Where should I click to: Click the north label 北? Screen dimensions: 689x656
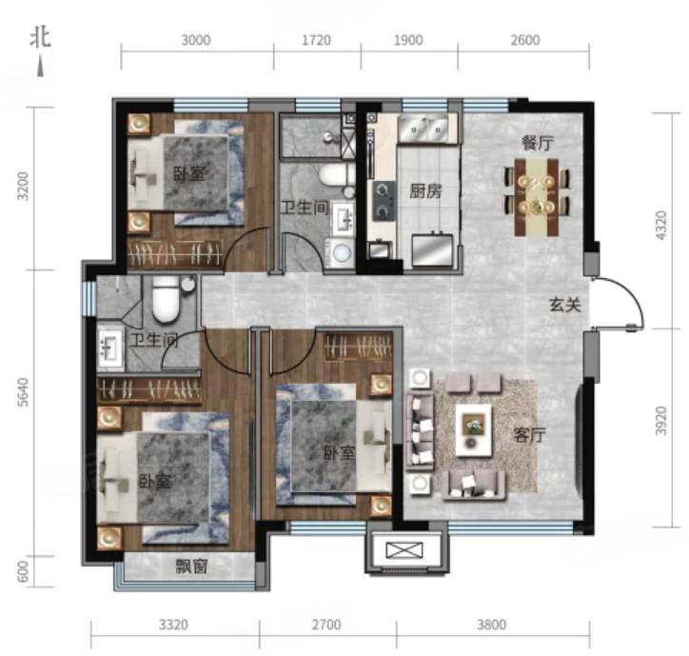40,38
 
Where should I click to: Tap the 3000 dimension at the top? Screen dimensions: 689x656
196,40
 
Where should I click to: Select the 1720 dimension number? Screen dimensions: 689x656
316,40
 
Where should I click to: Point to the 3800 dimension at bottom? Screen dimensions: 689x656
492,625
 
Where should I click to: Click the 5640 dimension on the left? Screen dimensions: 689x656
23,391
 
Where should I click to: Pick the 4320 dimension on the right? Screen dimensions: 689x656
660,226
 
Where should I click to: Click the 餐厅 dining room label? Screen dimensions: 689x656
538,144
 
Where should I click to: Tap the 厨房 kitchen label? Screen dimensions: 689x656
425,191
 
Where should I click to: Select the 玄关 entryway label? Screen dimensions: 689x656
565,305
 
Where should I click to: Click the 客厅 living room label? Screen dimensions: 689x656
529,435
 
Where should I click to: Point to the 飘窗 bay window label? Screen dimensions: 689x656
191,567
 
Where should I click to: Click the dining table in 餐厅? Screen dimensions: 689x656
537,197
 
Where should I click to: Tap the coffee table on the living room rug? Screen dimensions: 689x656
473,431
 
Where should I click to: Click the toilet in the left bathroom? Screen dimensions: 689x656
166,299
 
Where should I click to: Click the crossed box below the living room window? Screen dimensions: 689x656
404,550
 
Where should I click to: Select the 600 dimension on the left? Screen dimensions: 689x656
23,571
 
